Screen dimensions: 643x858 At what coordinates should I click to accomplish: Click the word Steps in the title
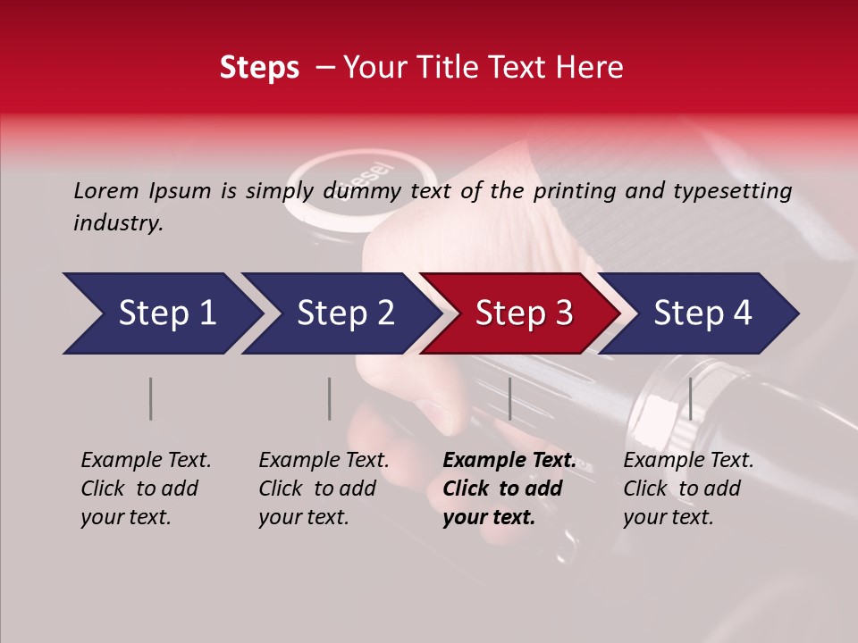coord(259,68)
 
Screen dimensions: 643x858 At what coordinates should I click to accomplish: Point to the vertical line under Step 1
coord(151,398)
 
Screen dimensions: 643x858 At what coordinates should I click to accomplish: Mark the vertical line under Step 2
coord(330,398)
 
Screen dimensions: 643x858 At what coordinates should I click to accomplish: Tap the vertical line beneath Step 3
coord(509,398)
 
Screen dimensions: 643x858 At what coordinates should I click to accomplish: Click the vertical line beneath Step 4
coord(690,398)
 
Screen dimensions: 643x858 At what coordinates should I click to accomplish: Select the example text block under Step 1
coord(146,489)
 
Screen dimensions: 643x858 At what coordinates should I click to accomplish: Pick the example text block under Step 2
coord(324,489)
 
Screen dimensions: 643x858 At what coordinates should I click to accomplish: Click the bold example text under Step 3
coord(509,489)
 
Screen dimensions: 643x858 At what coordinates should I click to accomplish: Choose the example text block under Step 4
coord(688,489)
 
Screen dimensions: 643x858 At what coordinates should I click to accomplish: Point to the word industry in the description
coord(116,222)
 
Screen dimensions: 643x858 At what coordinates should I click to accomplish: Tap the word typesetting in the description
coord(739,191)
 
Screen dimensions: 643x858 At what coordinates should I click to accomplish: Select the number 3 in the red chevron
coord(561,313)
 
